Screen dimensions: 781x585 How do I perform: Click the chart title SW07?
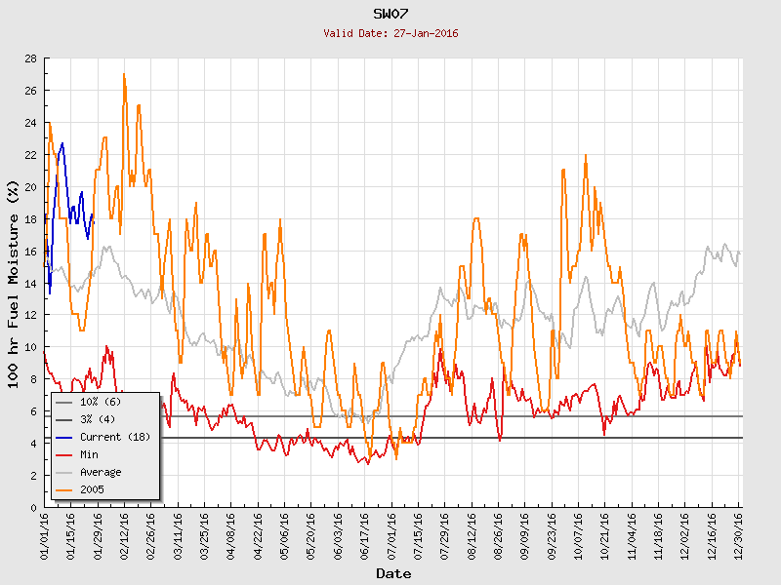(x=390, y=14)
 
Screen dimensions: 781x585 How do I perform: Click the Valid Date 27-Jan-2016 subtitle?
(x=390, y=33)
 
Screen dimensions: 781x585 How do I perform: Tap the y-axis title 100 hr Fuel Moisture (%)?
(x=13, y=284)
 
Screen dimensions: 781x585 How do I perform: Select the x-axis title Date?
(x=393, y=573)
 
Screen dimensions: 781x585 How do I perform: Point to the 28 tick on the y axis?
(x=31, y=58)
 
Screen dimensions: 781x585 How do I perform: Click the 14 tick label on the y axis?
(x=31, y=284)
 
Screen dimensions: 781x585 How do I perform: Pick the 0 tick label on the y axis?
(x=34, y=508)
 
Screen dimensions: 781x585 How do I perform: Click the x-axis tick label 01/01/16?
(x=45, y=537)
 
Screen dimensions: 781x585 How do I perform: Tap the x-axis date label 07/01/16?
(x=392, y=537)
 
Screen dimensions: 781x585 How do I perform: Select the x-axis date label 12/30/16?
(x=739, y=537)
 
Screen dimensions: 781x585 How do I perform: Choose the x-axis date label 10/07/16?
(x=579, y=537)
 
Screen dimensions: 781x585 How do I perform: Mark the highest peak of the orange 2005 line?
(x=124, y=74)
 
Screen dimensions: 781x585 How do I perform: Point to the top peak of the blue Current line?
(x=62, y=143)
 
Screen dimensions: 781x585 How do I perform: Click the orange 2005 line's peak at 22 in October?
(x=586, y=155)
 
